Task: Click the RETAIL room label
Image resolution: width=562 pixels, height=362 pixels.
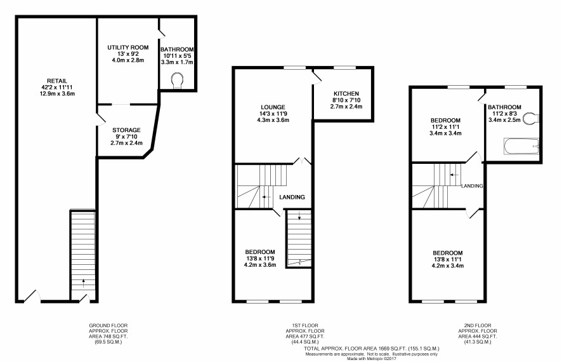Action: pyautogui.click(x=57, y=81)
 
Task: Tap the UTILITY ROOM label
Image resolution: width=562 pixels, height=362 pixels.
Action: pyautogui.click(x=128, y=48)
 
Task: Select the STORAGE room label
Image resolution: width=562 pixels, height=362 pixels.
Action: pyautogui.click(x=126, y=130)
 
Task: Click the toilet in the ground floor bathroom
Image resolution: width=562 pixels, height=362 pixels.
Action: pyautogui.click(x=178, y=81)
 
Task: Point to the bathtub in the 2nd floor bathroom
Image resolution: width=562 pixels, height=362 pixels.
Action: pyautogui.click(x=521, y=146)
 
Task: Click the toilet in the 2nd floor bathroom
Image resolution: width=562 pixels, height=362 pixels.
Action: pyautogui.click(x=531, y=118)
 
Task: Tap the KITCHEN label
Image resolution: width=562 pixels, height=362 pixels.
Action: pyautogui.click(x=346, y=93)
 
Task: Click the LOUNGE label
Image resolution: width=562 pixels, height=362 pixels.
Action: pyautogui.click(x=273, y=107)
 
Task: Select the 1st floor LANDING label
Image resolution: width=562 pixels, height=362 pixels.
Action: pyautogui.click(x=292, y=197)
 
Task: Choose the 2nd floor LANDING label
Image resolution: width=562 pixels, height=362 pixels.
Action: pyautogui.click(x=472, y=186)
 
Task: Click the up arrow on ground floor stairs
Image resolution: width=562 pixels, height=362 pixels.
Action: pyautogui.click(x=84, y=283)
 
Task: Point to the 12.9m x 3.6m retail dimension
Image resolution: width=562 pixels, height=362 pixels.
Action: pyautogui.click(x=57, y=94)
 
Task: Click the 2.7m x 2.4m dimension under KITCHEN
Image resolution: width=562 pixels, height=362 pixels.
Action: pyautogui.click(x=346, y=107)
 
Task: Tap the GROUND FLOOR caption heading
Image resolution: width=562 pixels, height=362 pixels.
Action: pyautogui.click(x=108, y=325)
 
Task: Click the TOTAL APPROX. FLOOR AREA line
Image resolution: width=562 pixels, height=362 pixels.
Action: pyautogui.click(x=372, y=349)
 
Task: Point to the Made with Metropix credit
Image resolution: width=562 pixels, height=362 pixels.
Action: pyautogui.click(x=372, y=358)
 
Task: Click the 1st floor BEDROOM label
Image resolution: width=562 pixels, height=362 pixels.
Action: pyautogui.click(x=260, y=252)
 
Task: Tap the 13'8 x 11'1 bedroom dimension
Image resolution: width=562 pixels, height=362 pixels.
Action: pyautogui.click(x=448, y=259)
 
